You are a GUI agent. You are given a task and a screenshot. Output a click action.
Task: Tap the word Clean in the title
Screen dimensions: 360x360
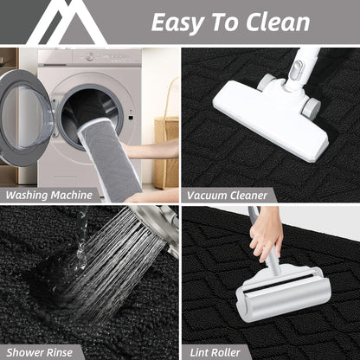278,22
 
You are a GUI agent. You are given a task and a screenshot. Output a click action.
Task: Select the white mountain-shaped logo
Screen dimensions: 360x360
67,22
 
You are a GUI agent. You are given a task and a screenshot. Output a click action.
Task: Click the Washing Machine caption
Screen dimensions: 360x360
49,195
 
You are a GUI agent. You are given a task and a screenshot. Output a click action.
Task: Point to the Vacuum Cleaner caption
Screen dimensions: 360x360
227,196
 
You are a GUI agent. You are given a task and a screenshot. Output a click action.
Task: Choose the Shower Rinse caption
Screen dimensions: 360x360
40,352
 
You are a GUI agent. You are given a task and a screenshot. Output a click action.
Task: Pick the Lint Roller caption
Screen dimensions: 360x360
215,352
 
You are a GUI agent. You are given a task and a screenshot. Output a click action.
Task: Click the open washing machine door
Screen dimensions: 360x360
24,118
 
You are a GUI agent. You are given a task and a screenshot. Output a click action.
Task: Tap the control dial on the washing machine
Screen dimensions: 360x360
90,56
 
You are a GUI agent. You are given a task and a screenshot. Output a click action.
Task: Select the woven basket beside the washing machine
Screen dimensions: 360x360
166,152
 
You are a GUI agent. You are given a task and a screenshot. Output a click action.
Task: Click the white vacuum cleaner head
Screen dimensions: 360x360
271,119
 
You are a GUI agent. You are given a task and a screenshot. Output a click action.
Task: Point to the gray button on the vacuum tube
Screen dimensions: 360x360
296,70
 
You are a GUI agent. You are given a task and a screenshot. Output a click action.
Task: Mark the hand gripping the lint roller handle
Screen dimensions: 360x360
266,233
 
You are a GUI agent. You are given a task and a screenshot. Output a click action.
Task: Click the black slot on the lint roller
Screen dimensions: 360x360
278,284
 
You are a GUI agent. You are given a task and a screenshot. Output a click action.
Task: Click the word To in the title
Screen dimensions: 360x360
225,22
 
